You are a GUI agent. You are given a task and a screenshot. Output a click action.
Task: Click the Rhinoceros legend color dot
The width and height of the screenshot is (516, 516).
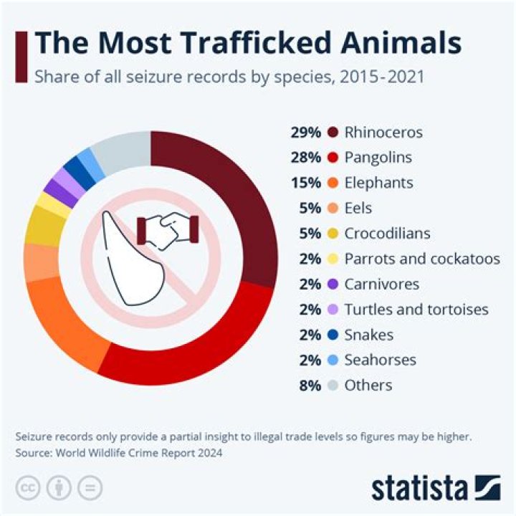coord(332,133)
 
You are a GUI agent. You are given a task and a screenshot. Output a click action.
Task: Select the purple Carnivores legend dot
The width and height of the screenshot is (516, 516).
coord(332,284)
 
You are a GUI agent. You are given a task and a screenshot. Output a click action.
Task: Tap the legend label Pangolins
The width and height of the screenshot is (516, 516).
coord(378,158)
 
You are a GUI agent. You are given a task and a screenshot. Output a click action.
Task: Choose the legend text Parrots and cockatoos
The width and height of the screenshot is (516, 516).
coord(421,259)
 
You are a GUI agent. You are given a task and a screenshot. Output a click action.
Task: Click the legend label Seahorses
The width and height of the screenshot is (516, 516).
coord(380,360)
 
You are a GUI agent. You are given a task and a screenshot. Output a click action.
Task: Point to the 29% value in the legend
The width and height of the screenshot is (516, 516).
coord(304,133)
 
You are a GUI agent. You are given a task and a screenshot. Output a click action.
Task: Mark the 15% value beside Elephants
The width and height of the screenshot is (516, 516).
coord(304,183)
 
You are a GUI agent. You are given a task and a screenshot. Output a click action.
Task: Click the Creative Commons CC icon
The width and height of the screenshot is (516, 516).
coord(29,487)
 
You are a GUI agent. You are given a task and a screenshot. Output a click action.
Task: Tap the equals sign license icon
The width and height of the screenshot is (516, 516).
coord(90,487)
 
